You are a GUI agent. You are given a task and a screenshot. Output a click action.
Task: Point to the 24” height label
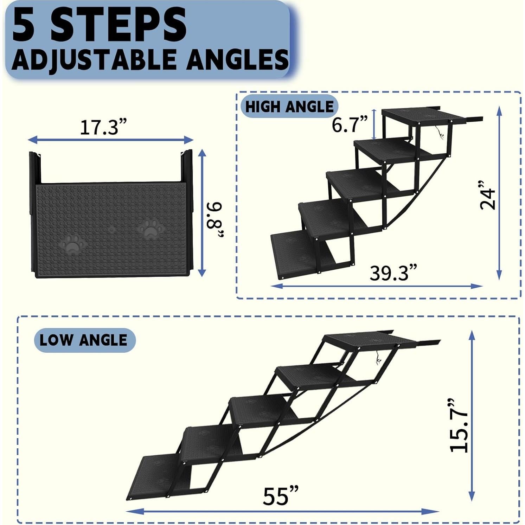click(x=487, y=195)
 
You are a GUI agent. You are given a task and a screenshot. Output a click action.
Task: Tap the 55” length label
click(x=281, y=496)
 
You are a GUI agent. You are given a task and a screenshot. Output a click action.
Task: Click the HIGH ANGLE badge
click(x=289, y=107)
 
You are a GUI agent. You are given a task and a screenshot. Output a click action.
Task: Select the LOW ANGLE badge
click(x=84, y=340)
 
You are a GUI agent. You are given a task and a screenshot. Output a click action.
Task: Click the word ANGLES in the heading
click(x=237, y=59)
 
